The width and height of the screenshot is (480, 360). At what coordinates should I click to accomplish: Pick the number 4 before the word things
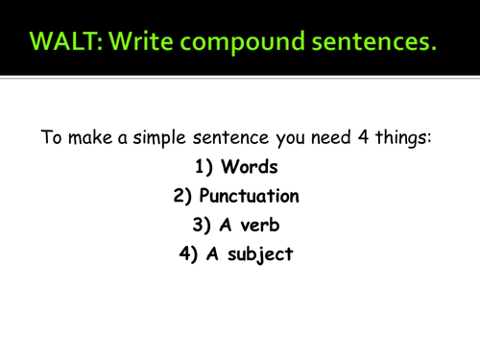(376, 137)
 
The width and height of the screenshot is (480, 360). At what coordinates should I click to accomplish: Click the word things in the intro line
(412, 138)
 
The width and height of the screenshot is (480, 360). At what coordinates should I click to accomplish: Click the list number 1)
(204, 167)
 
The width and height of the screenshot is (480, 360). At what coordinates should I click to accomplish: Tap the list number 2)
(181, 197)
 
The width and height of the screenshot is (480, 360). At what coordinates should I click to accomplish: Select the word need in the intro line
(346, 137)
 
